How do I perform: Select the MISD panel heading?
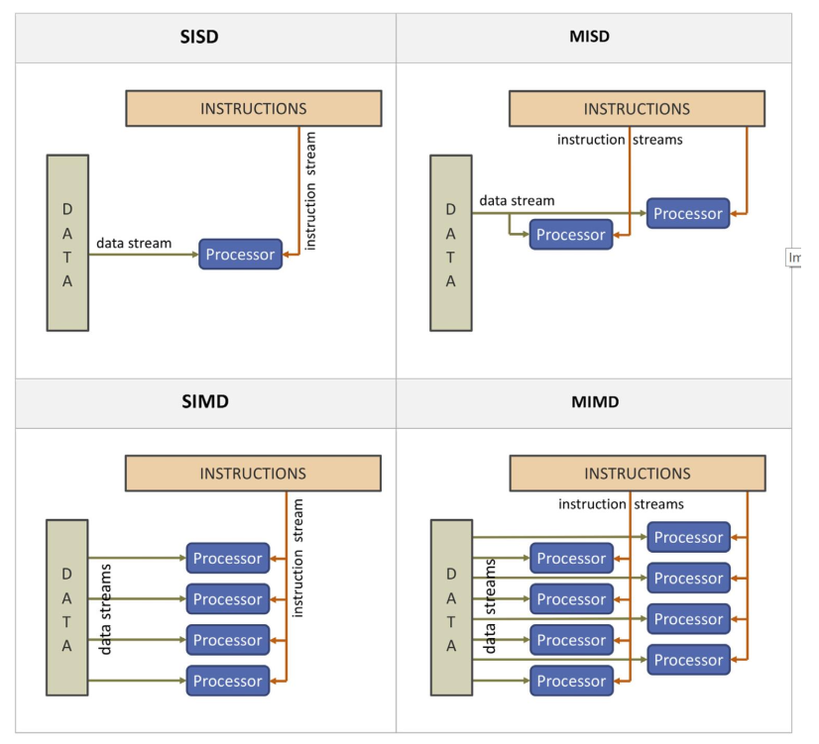[x=591, y=38]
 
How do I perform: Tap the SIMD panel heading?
[x=205, y=403]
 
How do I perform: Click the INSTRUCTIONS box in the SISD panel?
[x=254, y=109]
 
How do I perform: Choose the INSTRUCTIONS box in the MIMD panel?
[x=637, y=474]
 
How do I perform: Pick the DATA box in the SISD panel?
[x=67, y=244]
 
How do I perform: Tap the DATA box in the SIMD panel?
[x=67, y=608]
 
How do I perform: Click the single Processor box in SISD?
[x=240, y=255]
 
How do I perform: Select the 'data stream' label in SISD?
[x=134, y=243]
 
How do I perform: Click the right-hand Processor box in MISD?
[x=688, y=214]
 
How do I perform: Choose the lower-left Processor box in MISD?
[x=571, y=235]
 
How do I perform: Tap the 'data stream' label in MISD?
[x=518, y=201]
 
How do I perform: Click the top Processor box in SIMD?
[x=228, y=559]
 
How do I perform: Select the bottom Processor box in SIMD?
[x=228, y=682]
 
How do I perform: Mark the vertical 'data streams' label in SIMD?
[x=106, y=609]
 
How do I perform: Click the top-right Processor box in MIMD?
[x=688, y=538]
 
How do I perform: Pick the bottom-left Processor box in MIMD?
[x=571, y=682]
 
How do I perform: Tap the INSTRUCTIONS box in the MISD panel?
[x=637, y=109]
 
